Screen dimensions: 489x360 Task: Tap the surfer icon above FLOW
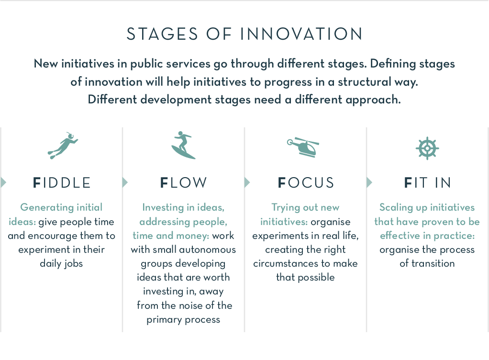click(183, 145)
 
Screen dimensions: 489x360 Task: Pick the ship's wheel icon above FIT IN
click(427, 148)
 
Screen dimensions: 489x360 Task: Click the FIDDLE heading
click(62, 183)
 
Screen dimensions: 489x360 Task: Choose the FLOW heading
click(183, 183)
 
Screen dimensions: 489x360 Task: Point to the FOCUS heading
click(306, 183)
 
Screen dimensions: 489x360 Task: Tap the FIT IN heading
click(427, 183)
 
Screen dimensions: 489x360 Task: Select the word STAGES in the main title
click(162, 34)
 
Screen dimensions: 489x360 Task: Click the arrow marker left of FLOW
click(125, 182)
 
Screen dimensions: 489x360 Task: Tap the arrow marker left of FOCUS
click(247, 182)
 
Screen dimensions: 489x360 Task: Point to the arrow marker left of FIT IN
click(369, 182)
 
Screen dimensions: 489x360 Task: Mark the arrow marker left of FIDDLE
click(3, 182)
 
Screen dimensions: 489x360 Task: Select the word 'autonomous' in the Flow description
click(207, 249)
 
